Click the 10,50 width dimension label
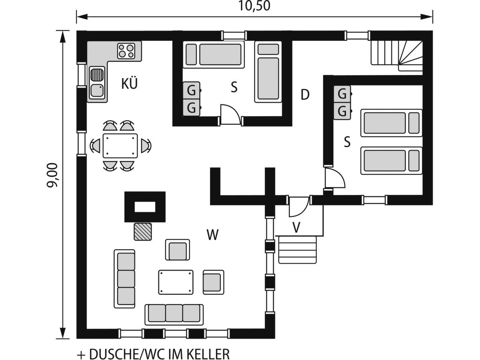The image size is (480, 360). coord(255,6)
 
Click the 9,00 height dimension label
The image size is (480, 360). coord(52,175)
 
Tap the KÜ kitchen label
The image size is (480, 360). coord(129,84)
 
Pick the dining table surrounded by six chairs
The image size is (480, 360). coord(120,146)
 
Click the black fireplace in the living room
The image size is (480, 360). coord(144,206)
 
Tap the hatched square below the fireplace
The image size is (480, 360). coord(143,232)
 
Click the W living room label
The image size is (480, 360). coord(213,235)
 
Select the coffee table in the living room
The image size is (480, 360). coord(176,282)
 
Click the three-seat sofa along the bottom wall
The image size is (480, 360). coord(174,314)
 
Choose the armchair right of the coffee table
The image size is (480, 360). coord(213,281)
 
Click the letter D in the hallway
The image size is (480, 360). coord(305,95)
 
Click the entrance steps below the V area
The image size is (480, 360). coord(298,249)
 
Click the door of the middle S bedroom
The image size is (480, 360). coord(231,115)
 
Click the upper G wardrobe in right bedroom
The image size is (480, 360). coord(342,94)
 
